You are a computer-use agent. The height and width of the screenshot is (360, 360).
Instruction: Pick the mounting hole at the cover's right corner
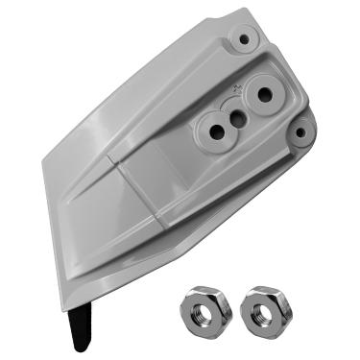click(304, 132)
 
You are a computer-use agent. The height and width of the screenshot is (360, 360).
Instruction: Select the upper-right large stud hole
click(260, 96)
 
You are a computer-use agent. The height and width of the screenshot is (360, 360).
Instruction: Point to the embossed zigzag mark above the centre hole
click(234, 91)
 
